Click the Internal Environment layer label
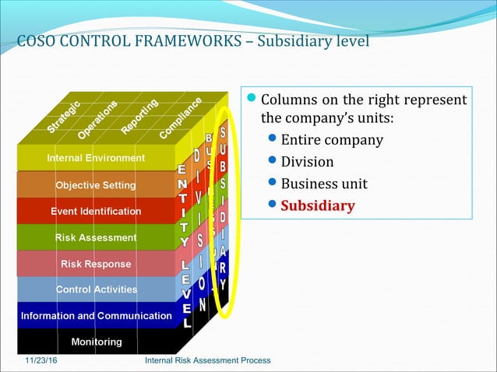coord(96,158)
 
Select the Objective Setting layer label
coord(96,185)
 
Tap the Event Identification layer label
coord(96,211)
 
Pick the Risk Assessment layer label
coord(96,237)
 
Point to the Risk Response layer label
coord(96,264)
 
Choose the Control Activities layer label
coord(96,290)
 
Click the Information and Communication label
coord(96,316)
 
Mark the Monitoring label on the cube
coord(96,342)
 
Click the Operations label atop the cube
coord(98,118)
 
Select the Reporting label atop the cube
coord(140,116)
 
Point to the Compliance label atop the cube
coord(182,118)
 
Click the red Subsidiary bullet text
coord(317,206)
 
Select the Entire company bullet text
coord(332,140)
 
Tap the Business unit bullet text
coord(323,184)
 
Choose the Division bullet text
coord(307,162)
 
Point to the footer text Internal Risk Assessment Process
coord(208,360)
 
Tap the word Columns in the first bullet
coord(290,100)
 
